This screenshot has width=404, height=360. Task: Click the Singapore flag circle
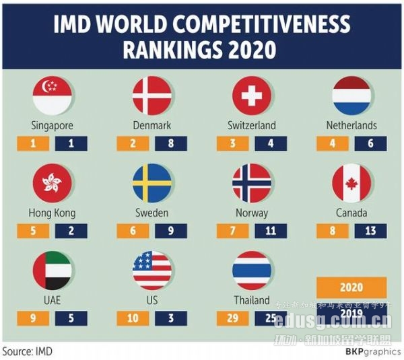pyautogui.click(x=53, y=96)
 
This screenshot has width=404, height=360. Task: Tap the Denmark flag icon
pyautogui.click(x=152, y=96)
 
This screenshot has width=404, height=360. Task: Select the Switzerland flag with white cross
pyautogui.click(x=252, y=96)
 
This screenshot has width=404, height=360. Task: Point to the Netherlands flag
pyautogui.click(x=351, y=96)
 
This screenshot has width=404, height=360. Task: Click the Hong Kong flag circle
pyautogui.click(x=53, y=183)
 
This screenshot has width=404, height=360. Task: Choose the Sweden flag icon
pyautogui.click(x=152, y=183)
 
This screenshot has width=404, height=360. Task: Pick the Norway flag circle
pyautogui.click(x=252, y=183)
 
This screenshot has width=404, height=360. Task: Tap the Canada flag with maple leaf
pyautogui.click(x=351, y=183)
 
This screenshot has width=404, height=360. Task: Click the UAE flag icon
pyautogui.click(x=53, y=271)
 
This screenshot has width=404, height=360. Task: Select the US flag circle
pyautogui.click(x=152, y=271)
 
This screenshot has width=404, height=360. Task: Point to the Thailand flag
pyautogui.click(x=252, y=271)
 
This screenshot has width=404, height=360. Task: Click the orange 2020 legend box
pyautogui.click(x=351, y=287)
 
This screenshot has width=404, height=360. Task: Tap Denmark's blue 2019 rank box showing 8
pyautogui.click(x=171, y=143)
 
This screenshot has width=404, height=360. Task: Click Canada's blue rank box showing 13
pyautogui.click(x=370, y=231)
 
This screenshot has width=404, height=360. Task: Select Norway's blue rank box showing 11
pyautogui.click(x=271, y=231)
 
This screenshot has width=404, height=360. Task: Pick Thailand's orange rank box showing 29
pyautogui.click(x=232, y=318)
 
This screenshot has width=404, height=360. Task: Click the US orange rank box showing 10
pyautogui.click(x=133, y=318)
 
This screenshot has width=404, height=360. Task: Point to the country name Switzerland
pyautogui.click(x=252, y=126)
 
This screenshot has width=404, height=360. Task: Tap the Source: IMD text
pyautogui.click(x=27, y=351)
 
